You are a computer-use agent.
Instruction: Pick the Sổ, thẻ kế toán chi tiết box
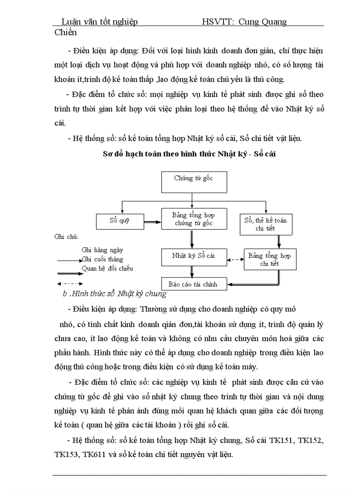[x=265, y=223]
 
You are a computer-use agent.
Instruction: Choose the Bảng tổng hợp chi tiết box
[x=270, y=259]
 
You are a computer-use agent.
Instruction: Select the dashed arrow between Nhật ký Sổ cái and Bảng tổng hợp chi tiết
[x=236, y=260]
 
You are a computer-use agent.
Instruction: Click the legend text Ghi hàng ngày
[x=100, y=250]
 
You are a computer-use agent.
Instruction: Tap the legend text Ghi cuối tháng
[x=102, y=259]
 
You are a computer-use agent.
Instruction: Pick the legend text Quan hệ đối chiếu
[x=107, y=268]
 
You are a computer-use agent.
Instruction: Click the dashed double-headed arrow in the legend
[x=70, y=283]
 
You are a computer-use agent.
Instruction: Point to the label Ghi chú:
[x=66, y=237]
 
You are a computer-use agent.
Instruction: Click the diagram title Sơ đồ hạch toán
[x=189, y=154]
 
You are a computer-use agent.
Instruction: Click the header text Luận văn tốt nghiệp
[x=99, y=22]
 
